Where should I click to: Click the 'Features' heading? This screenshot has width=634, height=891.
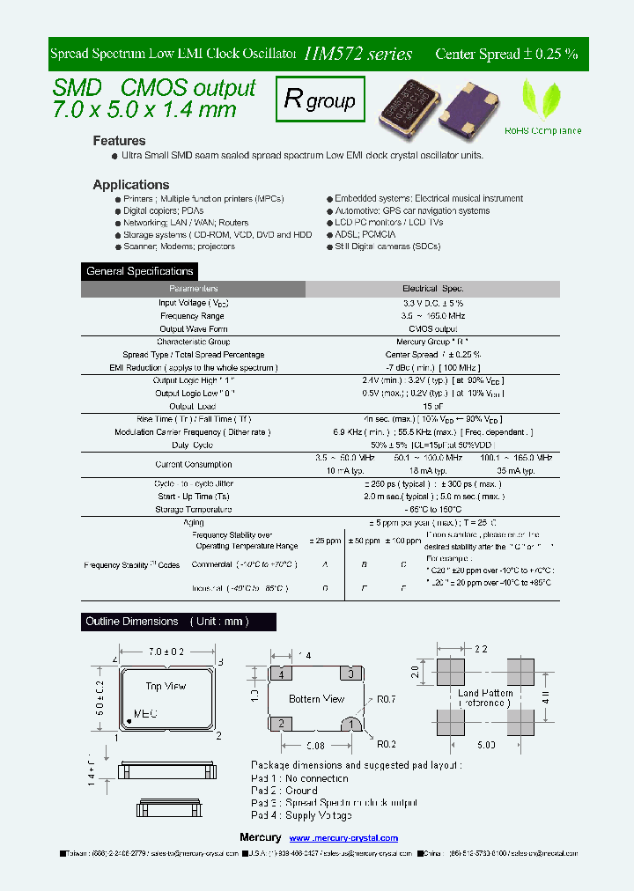[x=119, y=141]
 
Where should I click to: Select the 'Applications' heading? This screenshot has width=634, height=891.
[x=130, y=185]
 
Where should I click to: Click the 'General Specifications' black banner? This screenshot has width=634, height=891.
[x=140, y=271]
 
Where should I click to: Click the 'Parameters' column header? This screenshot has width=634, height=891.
[x=194, y=289]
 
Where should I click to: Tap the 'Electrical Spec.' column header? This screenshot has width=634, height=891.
[x=432, y=289]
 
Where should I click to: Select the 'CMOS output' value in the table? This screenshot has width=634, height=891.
[x=432, y=328]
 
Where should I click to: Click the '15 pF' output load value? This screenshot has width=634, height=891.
[x=432, y=407]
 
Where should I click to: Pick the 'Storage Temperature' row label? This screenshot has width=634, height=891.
[x=194, y=510]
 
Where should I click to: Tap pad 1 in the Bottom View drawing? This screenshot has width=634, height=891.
[x=352, y=724]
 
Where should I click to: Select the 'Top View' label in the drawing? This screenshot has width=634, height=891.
[x=165, y=685]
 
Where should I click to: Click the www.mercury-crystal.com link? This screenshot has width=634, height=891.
[x=343, y=838]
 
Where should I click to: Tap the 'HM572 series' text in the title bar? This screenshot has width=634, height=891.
[x=358, y=54]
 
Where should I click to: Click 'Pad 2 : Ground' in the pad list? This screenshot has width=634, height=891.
[x=284, y=791]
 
